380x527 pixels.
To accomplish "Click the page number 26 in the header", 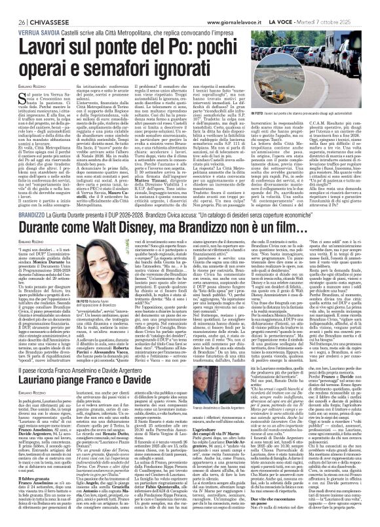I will coord(13,6).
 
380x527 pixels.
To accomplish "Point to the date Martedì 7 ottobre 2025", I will coord(344,6).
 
